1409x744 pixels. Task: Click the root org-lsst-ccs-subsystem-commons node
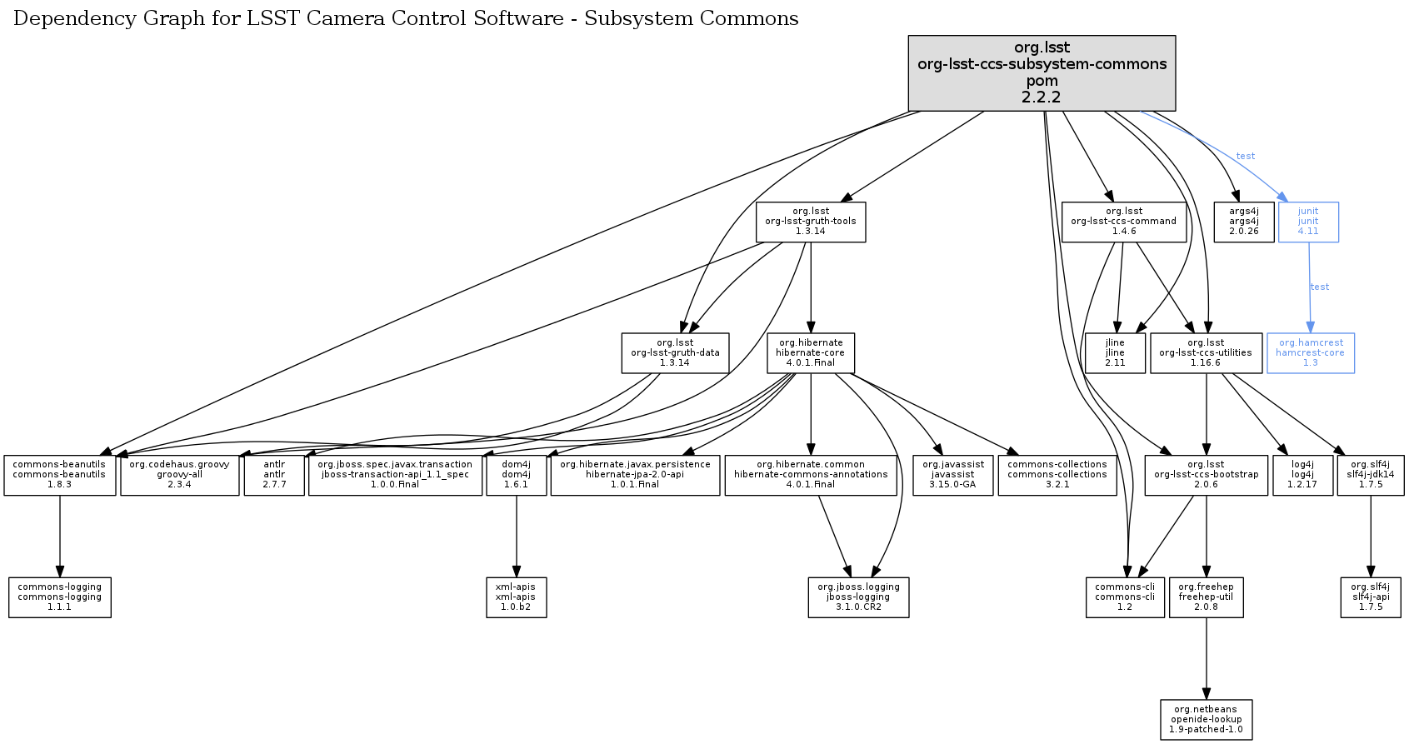tap(1042, 72)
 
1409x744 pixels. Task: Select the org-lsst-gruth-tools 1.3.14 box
tap(810, 222)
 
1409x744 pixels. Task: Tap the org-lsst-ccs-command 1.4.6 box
tap(1123, 222)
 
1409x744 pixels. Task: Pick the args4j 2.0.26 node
tap(1243, 222)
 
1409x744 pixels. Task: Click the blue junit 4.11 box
tap(1308, 222)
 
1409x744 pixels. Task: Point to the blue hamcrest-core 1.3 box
tap(1310, 353)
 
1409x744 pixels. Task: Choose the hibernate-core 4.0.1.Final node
tap(810, 353)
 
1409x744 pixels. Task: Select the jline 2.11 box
tap(1114, 353)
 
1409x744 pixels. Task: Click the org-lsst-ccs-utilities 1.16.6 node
tap(1205, 353)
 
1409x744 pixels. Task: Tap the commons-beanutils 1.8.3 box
tap(59, 475)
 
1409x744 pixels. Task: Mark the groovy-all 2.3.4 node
tap(179, 475)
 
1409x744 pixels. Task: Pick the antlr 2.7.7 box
tap(274, 475)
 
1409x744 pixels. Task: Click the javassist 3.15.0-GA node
tap(952, 475)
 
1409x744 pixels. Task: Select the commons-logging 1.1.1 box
tap(59, 597)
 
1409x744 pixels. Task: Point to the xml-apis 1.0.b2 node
tap(516, 597)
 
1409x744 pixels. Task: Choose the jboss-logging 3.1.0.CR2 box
tap(858, 597)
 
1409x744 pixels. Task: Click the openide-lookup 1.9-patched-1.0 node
tap(1206, 720)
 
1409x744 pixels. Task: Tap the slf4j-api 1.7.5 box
tap(1370, 597)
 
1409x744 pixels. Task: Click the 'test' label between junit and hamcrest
tap(1320, 287)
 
